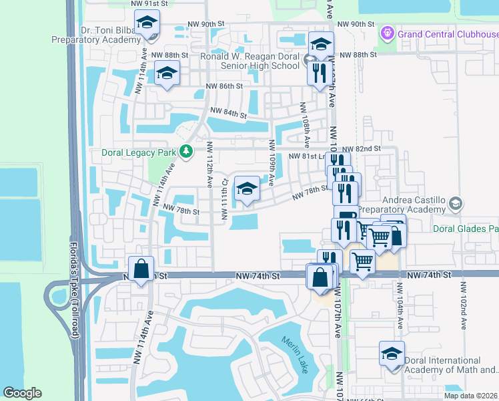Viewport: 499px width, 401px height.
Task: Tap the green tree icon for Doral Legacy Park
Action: click(x=187, y=152)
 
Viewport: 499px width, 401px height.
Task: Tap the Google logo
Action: click(x=22, y=393)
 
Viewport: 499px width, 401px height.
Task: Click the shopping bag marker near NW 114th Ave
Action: click(x=141, y=269)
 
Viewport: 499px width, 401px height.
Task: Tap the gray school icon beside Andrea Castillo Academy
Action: click(x=456, y=203)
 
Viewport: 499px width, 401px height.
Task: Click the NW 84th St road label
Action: click(x=229, y=113)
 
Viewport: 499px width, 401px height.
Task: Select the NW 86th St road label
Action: click(x=224, y=86)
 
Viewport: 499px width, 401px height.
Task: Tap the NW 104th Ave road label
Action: click(x=400, y=304)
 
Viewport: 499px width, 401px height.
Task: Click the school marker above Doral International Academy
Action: click(x=392, y=354)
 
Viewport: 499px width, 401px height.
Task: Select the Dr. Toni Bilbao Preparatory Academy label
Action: click(x=97, y=34)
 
